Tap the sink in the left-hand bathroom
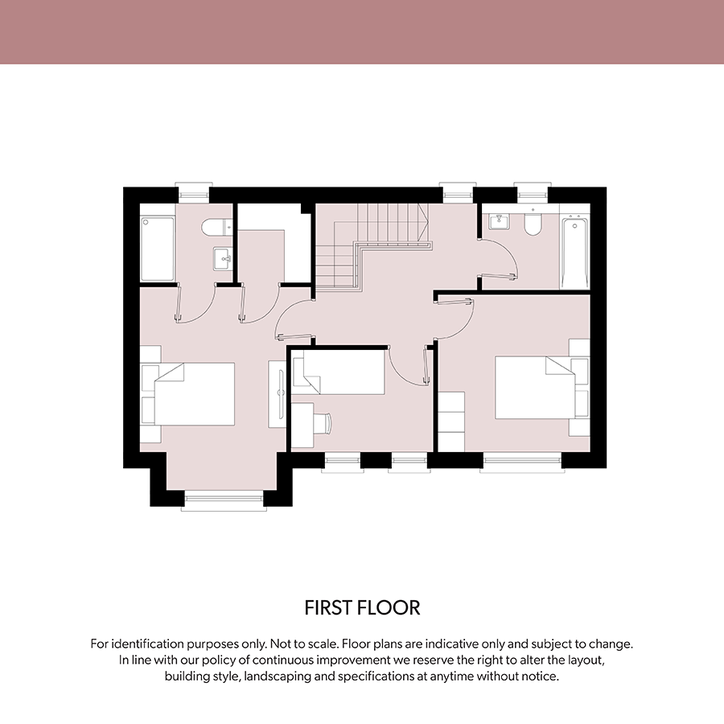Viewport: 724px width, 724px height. pyautogui.click(x=223, y=258)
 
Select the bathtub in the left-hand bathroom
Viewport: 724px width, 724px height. pyautogui.click(x=158, y=249)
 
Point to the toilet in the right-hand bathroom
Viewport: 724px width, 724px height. pyautogui.click(x=533, y=223)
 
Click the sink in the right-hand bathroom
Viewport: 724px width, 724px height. pyautogui.click(x=498, y=222)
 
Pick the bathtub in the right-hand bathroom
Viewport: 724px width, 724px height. pyautogui.click(x=574, y=252)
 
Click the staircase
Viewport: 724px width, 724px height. pyautogui.click(x=372, y=247)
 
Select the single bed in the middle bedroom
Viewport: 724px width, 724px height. pyautogui.click(x=339, y=372)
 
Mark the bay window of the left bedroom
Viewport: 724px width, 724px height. pyautogui.click(x=224, y=500)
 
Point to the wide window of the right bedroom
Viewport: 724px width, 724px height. pyautogui.click(x=522, y=462)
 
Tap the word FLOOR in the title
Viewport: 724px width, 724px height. pyautogui.click(x=391, y=608)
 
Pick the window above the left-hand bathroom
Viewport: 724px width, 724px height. pyautogui.click(x=194, y=191)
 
